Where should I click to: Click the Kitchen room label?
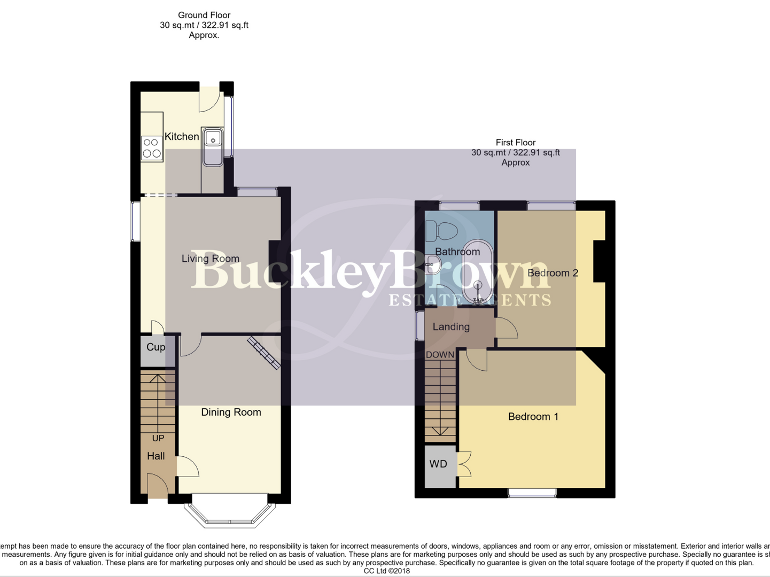click(182, 137)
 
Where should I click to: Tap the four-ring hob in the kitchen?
click(152, 148)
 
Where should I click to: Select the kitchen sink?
click(213, 146)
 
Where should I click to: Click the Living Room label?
click(210, 259)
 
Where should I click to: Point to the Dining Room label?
click(231, 412)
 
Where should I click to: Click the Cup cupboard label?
click(155, 347)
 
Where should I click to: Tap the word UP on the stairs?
click(158, 438)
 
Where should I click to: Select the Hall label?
click(156, 456)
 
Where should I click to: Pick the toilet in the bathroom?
click(441, 232)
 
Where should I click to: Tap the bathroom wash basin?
click(432, 264)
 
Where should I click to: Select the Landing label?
click(451, 327)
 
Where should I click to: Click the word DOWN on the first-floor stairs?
click(440, 355)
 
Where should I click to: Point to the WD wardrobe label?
click(438, 464)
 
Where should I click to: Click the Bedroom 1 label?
click(533, 417)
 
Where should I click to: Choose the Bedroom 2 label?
click(553, 273)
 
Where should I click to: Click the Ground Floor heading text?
click(204, 15)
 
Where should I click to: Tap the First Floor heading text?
click(515, 143)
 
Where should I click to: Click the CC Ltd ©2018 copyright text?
click(386, 571)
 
